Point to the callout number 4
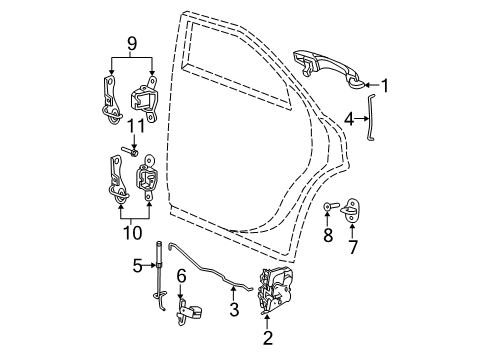pos(350,119)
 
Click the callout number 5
pos(137,265)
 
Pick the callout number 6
pos(181,275)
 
